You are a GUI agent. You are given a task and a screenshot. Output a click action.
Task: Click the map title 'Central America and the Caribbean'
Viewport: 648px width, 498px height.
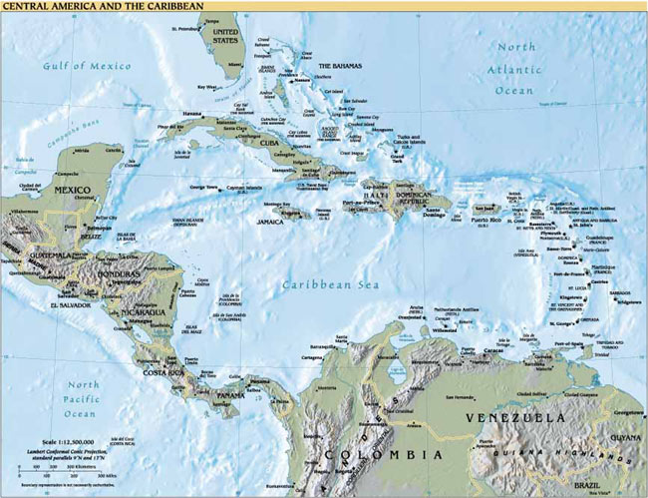102,7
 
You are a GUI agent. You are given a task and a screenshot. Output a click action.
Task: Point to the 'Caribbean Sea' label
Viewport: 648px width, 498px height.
321,285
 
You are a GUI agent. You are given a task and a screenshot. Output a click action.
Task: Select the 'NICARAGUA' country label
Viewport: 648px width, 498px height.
145,312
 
